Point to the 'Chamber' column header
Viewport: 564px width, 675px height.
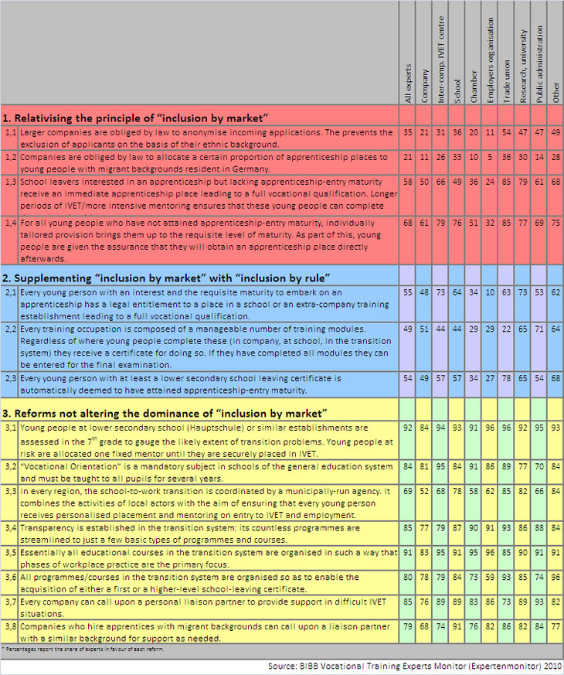click(x=474, y=86)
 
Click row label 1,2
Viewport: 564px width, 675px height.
click(x=8, y=157)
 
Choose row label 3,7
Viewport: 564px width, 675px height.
click(x=8, y=601)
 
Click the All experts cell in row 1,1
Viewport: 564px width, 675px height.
click(x=408, y=133)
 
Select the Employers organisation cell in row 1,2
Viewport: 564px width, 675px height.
click(x=491, y=157)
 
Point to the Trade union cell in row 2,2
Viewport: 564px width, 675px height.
click(x=508, y=329)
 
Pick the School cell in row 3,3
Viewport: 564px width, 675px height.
click(x=457, y=491)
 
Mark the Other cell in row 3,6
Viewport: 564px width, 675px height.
click(x=555, y=576)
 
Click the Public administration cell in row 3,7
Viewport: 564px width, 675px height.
click(x=541, y=601)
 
